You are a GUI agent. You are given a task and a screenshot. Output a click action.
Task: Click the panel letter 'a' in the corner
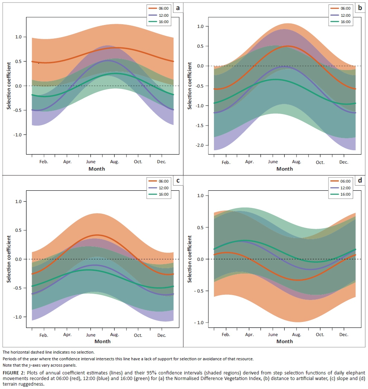178,8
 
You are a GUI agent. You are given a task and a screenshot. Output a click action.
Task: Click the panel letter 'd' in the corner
359,181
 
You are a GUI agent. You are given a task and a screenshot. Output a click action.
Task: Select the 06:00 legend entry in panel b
345,8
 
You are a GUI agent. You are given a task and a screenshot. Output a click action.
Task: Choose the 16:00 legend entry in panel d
345,194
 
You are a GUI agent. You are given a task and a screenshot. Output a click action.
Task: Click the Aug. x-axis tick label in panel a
114,162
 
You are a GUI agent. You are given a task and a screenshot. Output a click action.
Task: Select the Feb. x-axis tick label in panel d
225,335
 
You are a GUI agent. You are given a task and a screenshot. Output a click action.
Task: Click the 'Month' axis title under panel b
285,169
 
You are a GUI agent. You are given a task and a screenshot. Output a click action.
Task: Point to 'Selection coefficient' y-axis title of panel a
9,86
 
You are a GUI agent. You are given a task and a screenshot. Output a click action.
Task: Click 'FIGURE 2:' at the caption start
13,373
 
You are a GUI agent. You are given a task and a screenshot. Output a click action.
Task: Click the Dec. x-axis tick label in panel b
343,162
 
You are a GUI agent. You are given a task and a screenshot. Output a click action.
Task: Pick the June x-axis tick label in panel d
273,335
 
